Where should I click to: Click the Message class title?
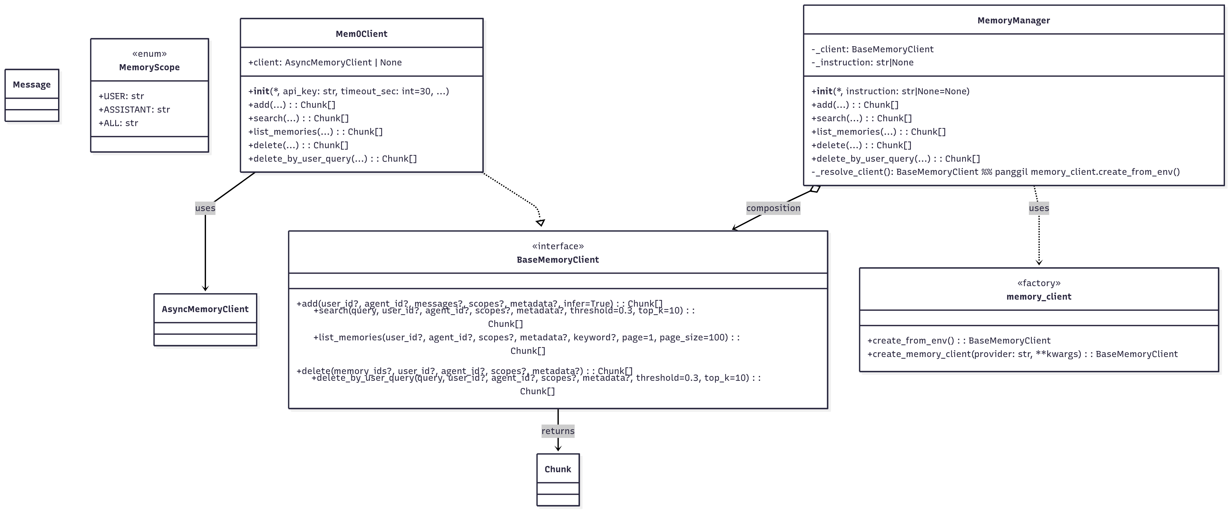[31, 85]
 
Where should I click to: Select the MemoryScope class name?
[149, 67]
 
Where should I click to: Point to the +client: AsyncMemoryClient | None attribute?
[325, 63]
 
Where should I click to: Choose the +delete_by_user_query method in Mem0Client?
[332, 159]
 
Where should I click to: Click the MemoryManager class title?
[1014, 21]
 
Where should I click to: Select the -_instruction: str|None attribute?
[862, 63]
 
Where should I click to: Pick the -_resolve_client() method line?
[995, 172]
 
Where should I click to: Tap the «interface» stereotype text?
[558, 246]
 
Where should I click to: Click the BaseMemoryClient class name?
[558, 260]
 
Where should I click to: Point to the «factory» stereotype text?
[1039, 283]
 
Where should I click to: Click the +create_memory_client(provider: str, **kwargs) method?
[1022, 354]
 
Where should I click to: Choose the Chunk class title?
[558, 469]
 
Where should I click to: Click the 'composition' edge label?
[773, 208]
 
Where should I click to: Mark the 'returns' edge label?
[558, 431]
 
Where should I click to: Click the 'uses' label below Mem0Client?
[205, 208]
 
